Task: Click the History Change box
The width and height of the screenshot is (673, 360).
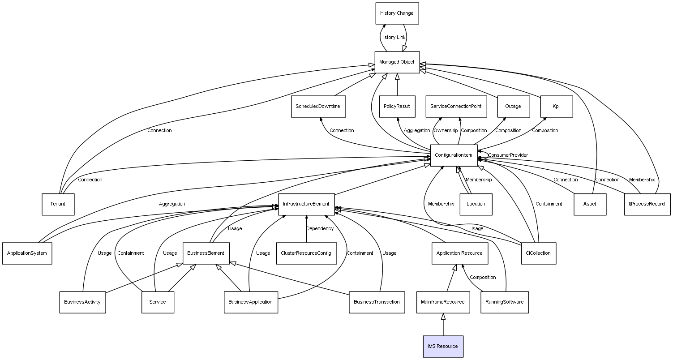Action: point(397,13)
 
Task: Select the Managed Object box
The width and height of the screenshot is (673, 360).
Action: point(397,62)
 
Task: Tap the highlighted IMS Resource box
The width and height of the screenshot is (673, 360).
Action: point(443,346)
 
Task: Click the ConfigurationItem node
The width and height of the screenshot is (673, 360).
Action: point(454,155)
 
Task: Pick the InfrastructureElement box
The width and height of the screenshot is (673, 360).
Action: point(306,204)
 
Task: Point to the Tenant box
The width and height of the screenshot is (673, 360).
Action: point(58,204)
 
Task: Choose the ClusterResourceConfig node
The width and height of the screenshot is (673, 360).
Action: point(306,253)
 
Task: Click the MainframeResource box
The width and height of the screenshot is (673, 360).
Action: point(443,302)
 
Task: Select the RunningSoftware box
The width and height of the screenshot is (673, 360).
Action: point(505,302)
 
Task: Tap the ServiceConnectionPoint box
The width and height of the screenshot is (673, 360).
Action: point(456,107)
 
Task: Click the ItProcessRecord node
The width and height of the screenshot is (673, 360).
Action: point(647,204)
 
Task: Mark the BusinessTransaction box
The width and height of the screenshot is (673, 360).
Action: point(377,302)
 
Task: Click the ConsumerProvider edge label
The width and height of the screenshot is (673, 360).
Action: point(508,155)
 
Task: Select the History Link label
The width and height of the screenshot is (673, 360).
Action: point(393,37)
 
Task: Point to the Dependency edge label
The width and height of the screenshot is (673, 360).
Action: point(320,228)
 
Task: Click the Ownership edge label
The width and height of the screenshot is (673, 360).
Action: point(446,130)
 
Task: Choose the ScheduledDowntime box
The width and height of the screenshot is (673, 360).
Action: point(318,107)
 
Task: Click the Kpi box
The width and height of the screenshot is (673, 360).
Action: point(556,107)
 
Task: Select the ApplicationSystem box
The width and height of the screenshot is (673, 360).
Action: point(27,253)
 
